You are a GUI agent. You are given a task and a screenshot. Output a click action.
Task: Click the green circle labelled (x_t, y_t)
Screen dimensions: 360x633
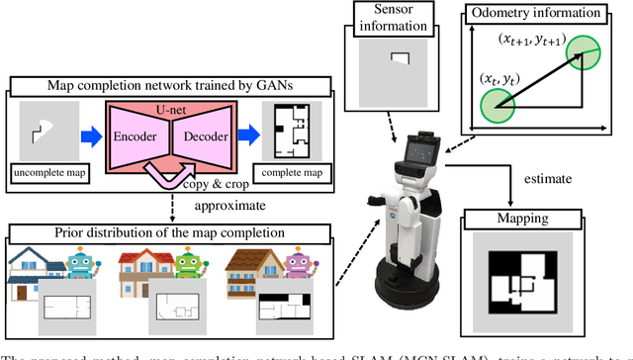point(497,102)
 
